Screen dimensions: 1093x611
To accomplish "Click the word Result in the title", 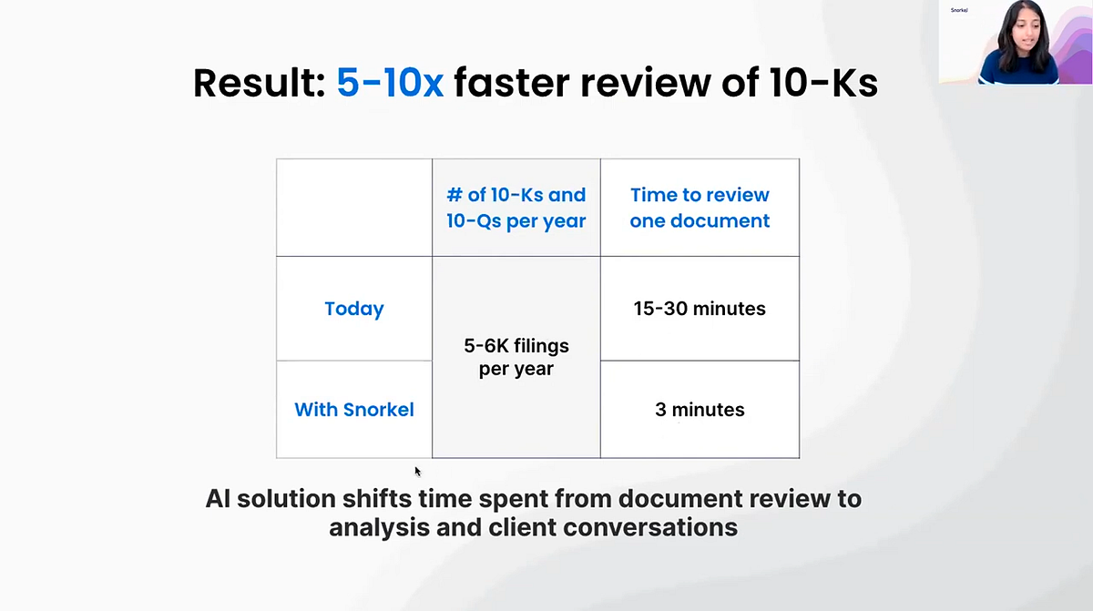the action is [260, 83].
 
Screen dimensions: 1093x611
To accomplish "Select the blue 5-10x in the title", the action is [390, 83].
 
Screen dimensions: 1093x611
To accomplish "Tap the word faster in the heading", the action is [512, 83].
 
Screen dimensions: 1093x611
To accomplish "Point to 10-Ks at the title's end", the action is [823, 83].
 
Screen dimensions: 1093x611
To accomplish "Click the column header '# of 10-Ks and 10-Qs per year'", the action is [516, 208].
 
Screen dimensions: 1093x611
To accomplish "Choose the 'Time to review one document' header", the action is [700, 208].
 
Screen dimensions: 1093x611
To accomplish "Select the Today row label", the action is [354, 310].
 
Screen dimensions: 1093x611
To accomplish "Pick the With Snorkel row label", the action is [354, 410].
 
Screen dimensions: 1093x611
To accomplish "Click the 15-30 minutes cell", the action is [700, 309].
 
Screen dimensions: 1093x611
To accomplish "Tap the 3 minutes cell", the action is [700, 410].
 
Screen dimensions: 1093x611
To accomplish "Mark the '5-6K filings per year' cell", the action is [516, 358].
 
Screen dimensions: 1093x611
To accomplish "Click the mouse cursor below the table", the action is [418, 471].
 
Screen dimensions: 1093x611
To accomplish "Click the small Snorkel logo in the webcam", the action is [959, 10].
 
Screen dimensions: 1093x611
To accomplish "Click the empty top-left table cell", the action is [354, 208].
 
